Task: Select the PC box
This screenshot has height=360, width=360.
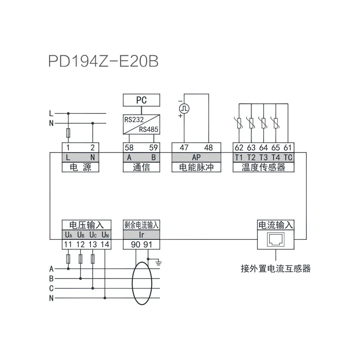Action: click(x=141, y=100)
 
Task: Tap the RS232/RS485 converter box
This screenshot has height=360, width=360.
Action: click(x=141, y=124)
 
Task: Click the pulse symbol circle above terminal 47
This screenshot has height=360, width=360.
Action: click(x=184, y=108)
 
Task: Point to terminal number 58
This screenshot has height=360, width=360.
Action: click(x=129, y=148)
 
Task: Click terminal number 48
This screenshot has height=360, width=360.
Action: click(x=208, y=148)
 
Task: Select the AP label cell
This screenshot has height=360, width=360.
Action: click(x=196, y=157)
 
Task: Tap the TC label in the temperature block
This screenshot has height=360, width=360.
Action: click(x=288, y=157)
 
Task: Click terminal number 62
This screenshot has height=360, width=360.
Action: click(x=238, y=148)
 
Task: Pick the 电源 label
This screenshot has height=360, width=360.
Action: click(x=80, y=167)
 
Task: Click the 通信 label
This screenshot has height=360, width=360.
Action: click(x=141, y=167)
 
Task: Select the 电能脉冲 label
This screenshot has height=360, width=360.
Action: click(x=196, y=167)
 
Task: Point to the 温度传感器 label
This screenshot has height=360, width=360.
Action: click(x=263, y=167)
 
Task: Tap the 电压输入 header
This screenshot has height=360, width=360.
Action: click(x=86, y=225)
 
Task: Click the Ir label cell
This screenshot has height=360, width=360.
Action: click(x=141, y=234)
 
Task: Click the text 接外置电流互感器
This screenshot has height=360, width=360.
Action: click(x=275, y=269)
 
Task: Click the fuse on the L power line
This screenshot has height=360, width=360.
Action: click(x=68, y=133)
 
